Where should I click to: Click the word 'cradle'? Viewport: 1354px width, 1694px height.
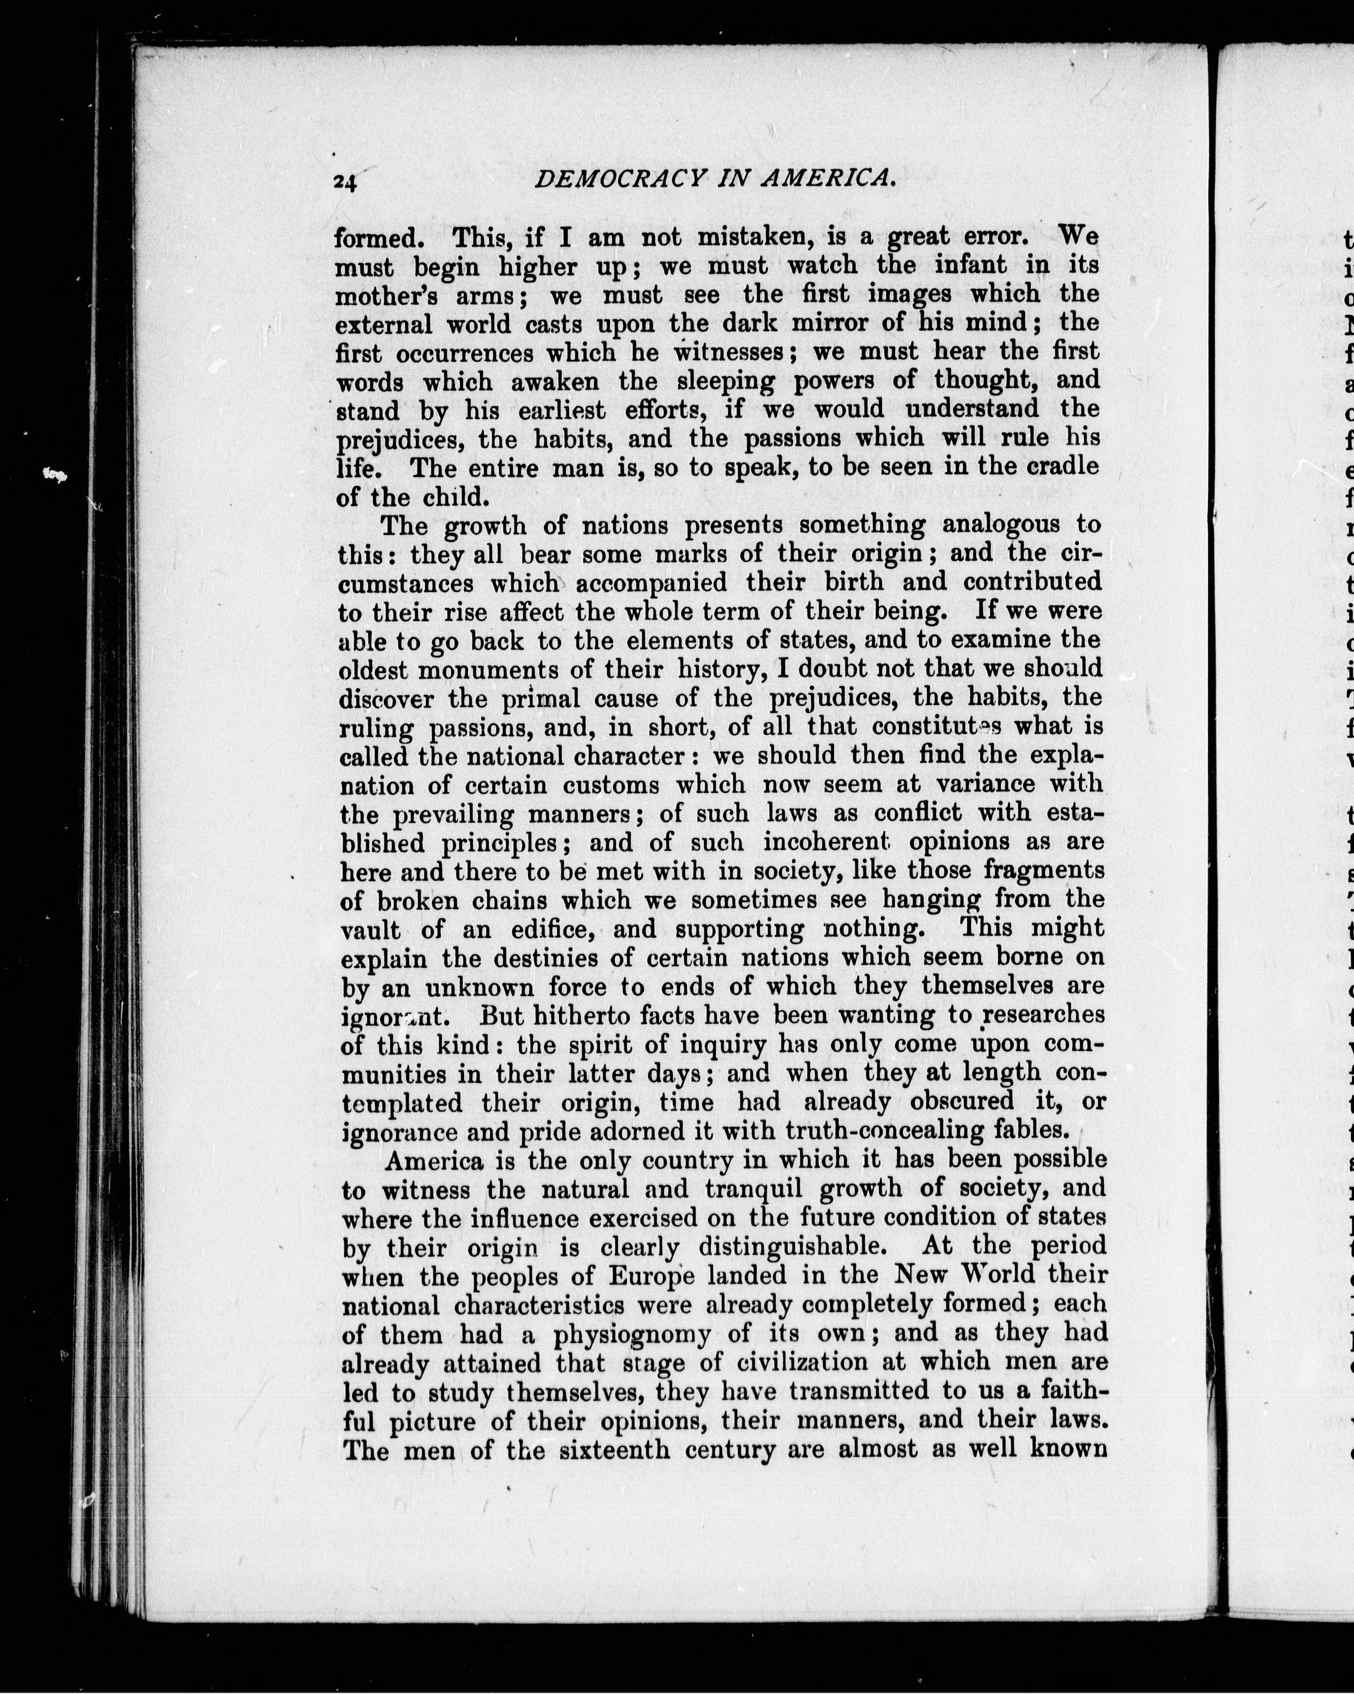(x=1061, y=466)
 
